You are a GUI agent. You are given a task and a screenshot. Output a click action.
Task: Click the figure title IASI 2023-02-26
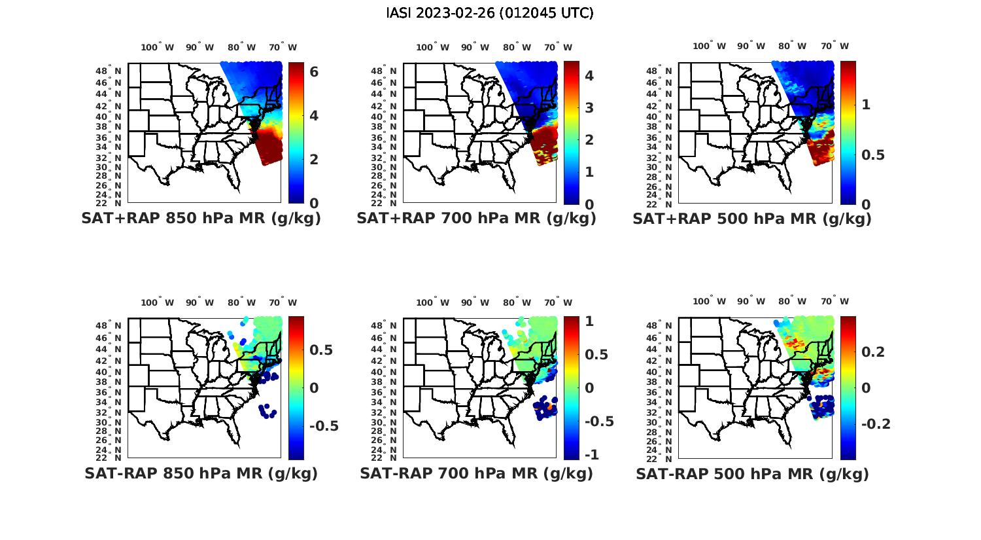pos(490,13)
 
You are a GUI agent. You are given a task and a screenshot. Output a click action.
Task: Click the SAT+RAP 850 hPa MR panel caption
pos(201,219)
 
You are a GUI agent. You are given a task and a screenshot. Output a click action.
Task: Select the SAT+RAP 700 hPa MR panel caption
pos(476,219)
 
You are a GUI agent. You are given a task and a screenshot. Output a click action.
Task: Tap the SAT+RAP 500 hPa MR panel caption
pos(752,219)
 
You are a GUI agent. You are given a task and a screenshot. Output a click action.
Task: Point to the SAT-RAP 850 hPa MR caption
pos(201,473)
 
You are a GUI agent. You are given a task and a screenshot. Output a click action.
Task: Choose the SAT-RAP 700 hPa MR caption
pos(476,473)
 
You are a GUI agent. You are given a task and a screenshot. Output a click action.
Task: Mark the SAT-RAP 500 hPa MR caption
pos(752,473)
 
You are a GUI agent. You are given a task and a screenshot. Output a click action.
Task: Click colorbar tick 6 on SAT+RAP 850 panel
pos(314,71)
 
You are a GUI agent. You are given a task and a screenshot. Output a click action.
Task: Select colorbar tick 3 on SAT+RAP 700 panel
pos(589,107)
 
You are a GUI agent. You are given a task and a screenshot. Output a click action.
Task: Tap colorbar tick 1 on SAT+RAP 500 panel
pos(866,104)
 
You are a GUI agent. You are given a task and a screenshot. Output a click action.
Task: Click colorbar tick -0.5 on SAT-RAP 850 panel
pos(324,426)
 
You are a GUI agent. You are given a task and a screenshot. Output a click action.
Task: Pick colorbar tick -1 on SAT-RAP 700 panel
pos(590,454)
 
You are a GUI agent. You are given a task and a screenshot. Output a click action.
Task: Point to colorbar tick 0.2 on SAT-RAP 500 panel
pos(874,352)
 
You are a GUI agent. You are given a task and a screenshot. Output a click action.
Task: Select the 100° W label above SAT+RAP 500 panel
pos(710,46)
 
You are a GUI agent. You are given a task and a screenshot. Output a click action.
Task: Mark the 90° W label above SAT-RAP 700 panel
pos(475,302)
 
